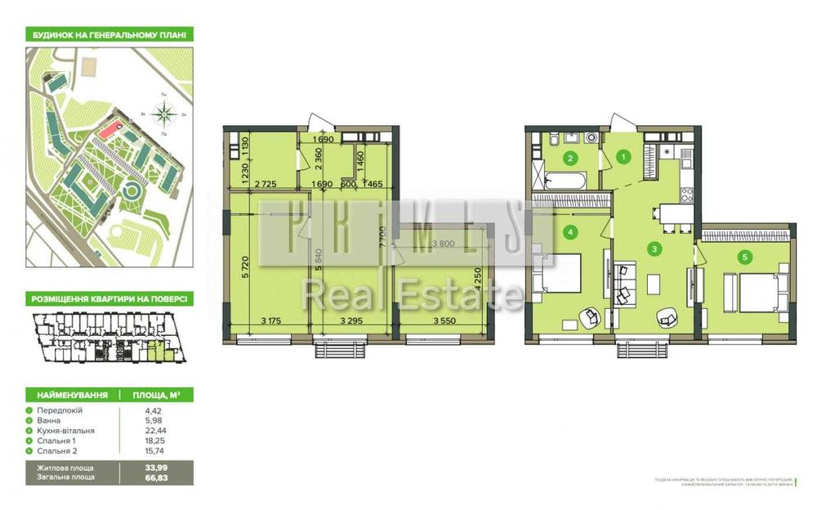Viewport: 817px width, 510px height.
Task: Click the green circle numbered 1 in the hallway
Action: [623, 157]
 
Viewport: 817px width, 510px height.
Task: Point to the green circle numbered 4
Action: [569, 233]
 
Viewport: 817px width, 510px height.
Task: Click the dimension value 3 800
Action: [444, 244]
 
